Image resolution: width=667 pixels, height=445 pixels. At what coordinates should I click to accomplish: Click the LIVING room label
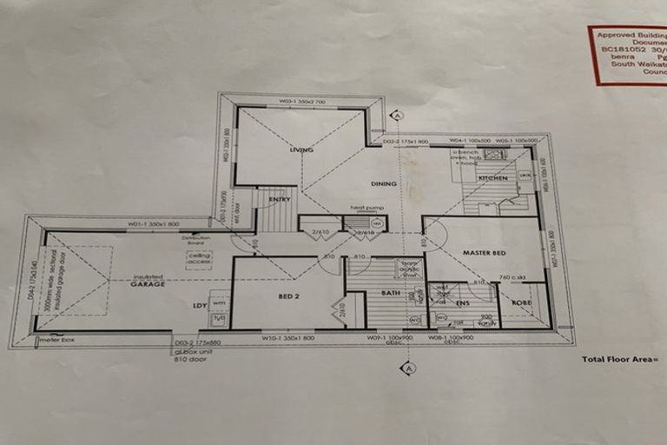pyautogui.click(x=301, y=150)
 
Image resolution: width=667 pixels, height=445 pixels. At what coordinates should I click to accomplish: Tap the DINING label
pyautogui.click(x=383, y=183)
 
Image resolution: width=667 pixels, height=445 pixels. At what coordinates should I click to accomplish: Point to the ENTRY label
pyautogui.click(x=280, y=199)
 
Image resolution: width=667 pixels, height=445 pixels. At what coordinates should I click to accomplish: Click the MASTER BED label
pyautogui.click(x=484, y=253)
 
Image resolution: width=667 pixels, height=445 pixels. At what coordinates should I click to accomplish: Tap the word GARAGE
pyautogui.click(x=148, y=284)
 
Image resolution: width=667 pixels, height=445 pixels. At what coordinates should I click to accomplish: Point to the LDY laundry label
pyautogui.click(x=199, y=305)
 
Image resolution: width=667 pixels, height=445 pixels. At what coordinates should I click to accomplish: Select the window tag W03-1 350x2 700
pyautogui.click(x=301, y=102)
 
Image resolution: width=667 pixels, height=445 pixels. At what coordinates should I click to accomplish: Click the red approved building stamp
pyautogui.click(x=628, y=54)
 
